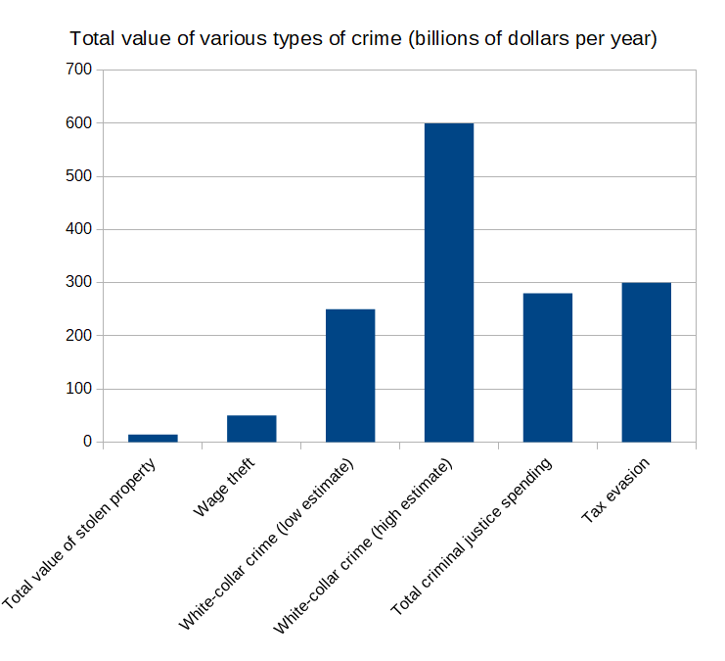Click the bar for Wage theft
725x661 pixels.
coord(251,428)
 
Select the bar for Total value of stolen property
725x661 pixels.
coord(153,438)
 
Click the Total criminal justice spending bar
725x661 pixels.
coord(548,367)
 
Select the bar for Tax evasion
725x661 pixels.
coord(647,362)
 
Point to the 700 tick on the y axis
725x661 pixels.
coord(78,71)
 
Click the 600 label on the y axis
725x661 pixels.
coord(78,123)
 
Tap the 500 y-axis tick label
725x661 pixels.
coord(78,176)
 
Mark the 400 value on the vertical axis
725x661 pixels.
coord(78,229)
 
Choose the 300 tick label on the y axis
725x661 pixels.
coord(78,282)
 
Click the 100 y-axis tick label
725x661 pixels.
coord(78,389)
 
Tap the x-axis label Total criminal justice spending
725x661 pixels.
coord(475,537)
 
